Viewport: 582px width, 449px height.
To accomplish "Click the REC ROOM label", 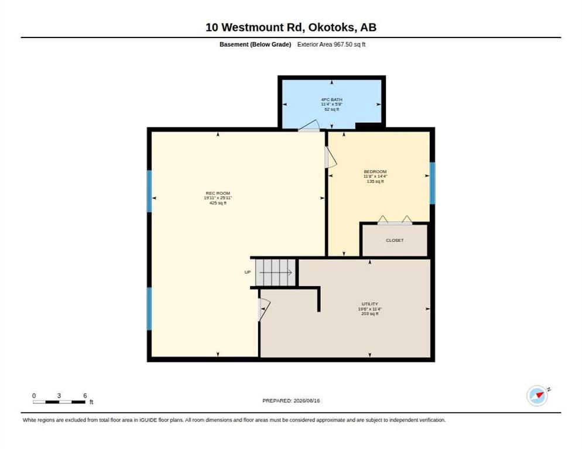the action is coord(218,193).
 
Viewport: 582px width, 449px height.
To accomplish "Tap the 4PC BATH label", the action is coord(331,99).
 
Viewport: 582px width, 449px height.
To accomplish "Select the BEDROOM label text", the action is coord(375,172).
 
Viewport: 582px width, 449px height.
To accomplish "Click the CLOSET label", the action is coord(395,240).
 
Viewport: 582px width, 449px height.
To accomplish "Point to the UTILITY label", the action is coord(369,304).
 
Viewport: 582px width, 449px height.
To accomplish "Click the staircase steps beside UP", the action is coord(276,272).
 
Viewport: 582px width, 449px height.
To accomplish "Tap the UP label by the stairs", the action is coord(248,272).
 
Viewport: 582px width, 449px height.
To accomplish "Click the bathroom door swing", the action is coord(309,126).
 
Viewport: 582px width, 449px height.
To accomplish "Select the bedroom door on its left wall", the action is coord(330,157).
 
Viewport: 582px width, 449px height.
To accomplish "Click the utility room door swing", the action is coord(263,309).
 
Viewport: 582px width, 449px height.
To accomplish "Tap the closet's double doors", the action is coord(395,220).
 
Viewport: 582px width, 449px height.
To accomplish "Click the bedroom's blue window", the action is coord(432,183).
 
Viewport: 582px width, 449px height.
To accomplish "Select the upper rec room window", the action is coord(149,191).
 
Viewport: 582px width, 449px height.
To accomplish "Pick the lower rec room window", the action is coord(149,309).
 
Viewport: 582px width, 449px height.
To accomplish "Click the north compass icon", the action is coord(537,396).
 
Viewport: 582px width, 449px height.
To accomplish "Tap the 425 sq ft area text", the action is coord(218,203).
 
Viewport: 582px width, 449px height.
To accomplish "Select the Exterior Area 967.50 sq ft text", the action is coord(331,44).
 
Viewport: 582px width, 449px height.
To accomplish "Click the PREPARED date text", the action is coord(291,401).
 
